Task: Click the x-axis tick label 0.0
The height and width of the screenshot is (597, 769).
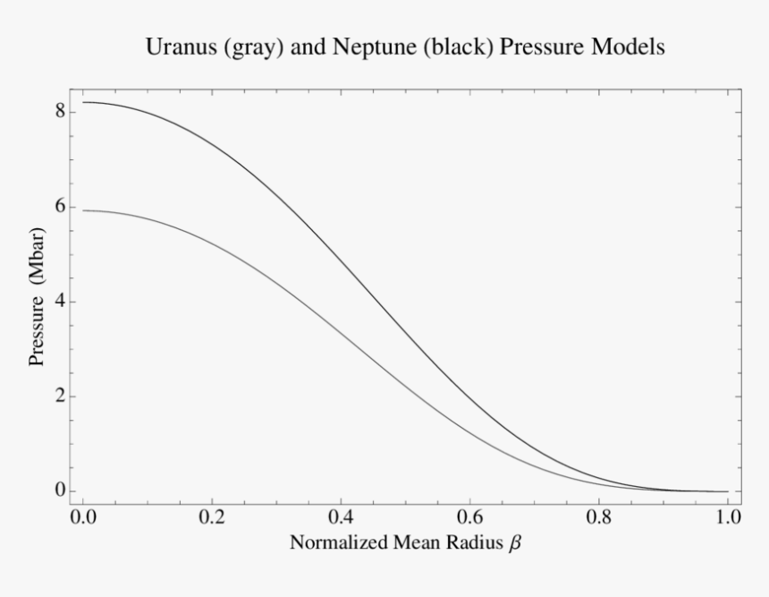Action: pyautogui.click(x=82, y=518)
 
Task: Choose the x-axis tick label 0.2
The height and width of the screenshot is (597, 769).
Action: pyautogui.click(x=211, y=518)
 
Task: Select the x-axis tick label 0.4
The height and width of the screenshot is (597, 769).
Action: pyautogui.click(x=341, y=518)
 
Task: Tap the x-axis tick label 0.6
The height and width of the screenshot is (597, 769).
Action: pyautogui.click(x=469, y=518)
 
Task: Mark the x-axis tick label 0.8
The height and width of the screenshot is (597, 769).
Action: pyautogui.click(x=599, y=518)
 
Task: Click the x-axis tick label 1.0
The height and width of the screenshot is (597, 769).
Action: pyautogui.click(x=728, y=518)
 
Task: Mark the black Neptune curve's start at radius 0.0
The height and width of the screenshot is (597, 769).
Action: pyautogui.click(x=83, y=102)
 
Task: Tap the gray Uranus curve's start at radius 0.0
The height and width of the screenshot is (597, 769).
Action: pyautogui.click(x=83, y=210)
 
